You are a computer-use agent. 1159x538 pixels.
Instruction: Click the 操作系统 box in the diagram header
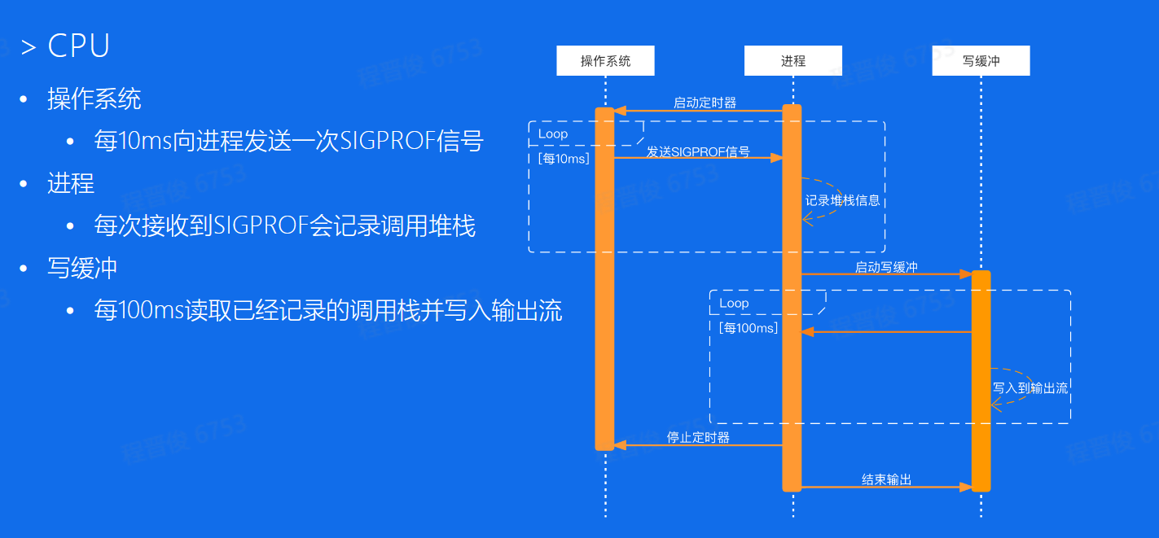605,61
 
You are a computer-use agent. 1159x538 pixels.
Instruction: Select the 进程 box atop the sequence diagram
792,61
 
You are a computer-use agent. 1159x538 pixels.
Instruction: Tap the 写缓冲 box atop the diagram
981,61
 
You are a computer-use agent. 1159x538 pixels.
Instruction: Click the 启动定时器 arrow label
705,103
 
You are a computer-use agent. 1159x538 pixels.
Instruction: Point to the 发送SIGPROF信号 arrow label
698,151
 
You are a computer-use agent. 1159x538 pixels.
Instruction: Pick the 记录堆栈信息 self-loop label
843,200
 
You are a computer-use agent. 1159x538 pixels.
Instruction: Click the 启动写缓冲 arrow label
886,267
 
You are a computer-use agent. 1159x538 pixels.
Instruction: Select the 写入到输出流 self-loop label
1029,388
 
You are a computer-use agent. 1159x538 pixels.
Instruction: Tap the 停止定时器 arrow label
698,437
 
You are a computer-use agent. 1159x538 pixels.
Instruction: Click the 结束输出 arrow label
886,479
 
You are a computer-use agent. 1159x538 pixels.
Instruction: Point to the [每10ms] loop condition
564,158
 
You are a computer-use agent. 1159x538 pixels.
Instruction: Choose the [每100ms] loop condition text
749,327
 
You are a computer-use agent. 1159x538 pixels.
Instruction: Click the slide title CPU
78,46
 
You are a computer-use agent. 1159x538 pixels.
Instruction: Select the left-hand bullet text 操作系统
94,99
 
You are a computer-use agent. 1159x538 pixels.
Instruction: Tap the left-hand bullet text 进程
71,183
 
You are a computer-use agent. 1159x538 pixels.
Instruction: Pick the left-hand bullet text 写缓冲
82,268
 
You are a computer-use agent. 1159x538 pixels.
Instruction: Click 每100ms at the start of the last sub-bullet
139,310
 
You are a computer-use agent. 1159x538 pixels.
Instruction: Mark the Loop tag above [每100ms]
734,303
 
